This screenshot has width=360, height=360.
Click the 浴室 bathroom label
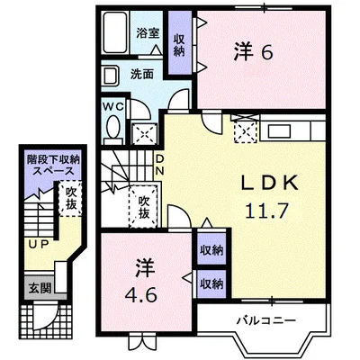148,33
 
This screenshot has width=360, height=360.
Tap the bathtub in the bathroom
115,32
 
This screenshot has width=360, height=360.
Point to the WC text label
113,106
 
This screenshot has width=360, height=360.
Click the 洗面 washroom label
142,74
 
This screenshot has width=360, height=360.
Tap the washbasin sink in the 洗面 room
110,76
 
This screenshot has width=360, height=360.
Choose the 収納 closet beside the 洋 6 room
179,43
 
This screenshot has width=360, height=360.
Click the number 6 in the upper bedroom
266,54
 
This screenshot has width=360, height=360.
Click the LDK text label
270,183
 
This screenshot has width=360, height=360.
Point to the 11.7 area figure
266,211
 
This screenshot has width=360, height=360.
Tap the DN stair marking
159,165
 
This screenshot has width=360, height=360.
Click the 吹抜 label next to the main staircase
144,207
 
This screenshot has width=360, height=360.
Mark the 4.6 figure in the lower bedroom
140,296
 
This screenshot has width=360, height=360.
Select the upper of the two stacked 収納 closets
211,249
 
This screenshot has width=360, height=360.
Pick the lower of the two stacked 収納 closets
211,283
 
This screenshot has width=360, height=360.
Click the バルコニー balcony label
266,320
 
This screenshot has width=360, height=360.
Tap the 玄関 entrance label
40,288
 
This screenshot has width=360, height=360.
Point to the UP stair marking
39,245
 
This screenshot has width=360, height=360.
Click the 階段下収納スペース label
53,166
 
